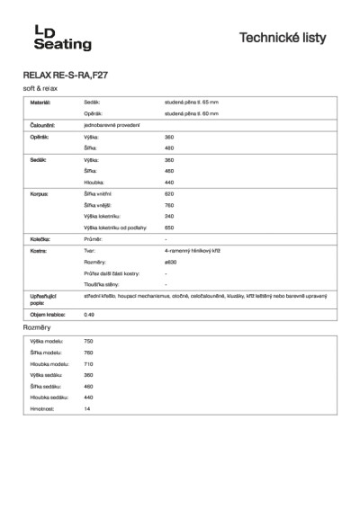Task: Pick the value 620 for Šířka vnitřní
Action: click(x=169, y=193)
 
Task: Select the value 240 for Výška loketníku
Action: click(x=169, y=216)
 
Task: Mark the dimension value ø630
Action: click(x=170, y=263)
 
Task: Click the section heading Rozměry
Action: click(x=36, y=329)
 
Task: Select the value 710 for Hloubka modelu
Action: click(x=88, y=363)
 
